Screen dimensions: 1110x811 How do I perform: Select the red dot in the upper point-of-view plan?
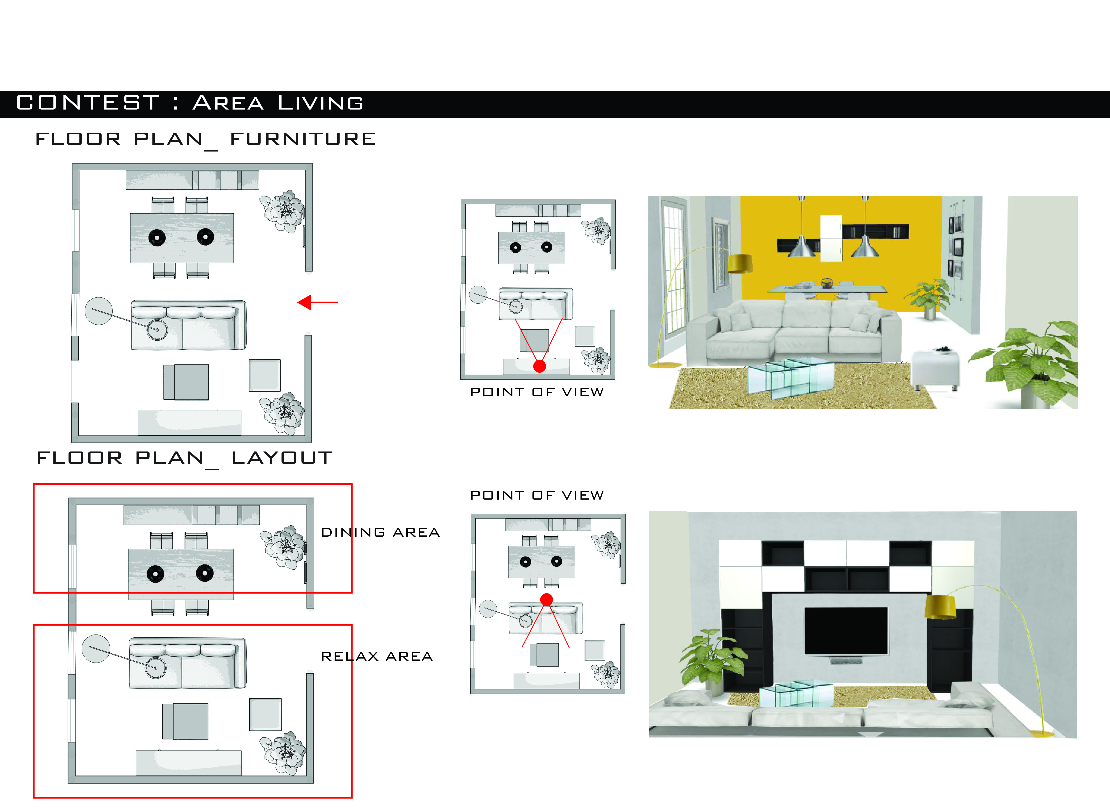pyautogui.click(x=540, y=366)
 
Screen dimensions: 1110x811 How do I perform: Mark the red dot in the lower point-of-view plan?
pyautogui.click(x=546, y=599)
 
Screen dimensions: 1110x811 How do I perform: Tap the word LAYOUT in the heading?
pyautogui.click(x=282, y=458)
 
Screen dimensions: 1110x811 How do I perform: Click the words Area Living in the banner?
pyautogui.click(x=278, y=103)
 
